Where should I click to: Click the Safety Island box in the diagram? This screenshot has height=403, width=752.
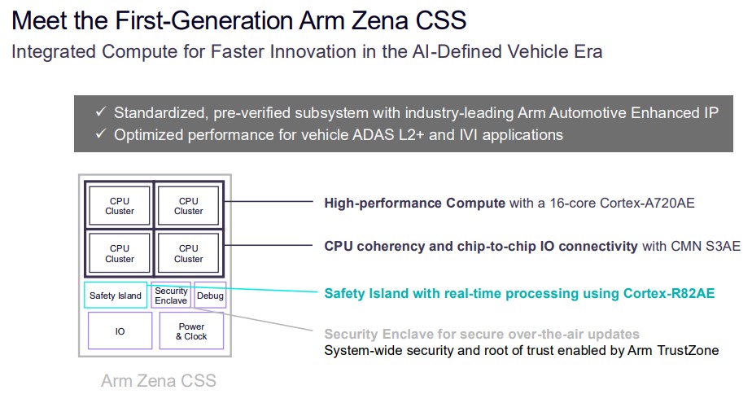pyautogui.click(x=116, y=296)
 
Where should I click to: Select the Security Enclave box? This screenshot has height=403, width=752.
pyautogui.click(x=171, y=296)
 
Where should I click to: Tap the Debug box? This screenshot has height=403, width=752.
pyautogui.click(x=210, y=296)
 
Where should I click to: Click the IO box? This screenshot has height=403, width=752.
pyautogui.click(x=120, y=331)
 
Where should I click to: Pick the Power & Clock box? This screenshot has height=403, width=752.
pyautogui.click(x=191, y=331)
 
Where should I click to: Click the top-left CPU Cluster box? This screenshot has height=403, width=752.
pyautogui.click(x=120, y=206)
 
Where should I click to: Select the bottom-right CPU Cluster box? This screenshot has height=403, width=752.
pyautogui.click(x=188, y=254)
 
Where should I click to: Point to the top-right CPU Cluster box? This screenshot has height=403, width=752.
pyautogui.click(x=188, y=206)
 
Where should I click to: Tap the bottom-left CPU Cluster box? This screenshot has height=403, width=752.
pyautogui.click(x=120, y=254)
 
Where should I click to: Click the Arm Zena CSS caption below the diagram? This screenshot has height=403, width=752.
pyautogui.click(x=159, y=380)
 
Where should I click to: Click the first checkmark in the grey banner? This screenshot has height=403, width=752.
pyautogui.click(x=101, y=112)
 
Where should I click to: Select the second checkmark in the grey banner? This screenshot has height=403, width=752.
pyautogui.click(x=101, y=134)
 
